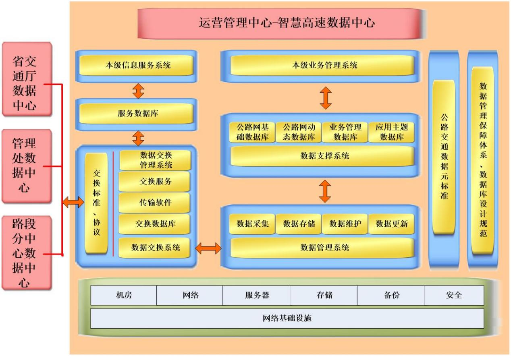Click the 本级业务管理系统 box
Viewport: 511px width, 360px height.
point(322,65)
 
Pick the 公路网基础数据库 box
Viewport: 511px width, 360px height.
point(252,132)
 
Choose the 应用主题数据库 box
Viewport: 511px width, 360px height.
point(391,132)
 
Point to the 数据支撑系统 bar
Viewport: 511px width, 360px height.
point(322,156)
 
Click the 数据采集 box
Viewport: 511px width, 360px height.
point(252,223)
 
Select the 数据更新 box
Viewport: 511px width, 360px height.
point(391,223)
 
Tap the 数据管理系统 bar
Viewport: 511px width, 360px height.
point(322,248)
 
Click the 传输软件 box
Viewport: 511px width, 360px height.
point(155,203)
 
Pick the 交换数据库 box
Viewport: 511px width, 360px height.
point(155,223)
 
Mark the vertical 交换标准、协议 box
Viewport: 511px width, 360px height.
point(96,203)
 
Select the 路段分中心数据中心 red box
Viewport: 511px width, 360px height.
point(27,253)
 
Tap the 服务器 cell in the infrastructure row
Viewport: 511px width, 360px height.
point(256,295)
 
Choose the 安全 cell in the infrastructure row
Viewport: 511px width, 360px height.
point(454,295)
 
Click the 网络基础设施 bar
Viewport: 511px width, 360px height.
point(287,319)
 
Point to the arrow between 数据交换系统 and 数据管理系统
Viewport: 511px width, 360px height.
point(208,248)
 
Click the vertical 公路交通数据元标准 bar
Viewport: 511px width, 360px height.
point(444,157)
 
